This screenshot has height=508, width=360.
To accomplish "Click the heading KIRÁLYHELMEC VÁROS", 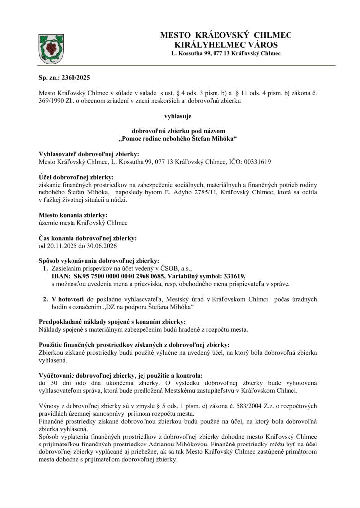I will coord(226,44).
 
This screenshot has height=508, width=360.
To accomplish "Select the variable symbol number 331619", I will coord(233,276).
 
